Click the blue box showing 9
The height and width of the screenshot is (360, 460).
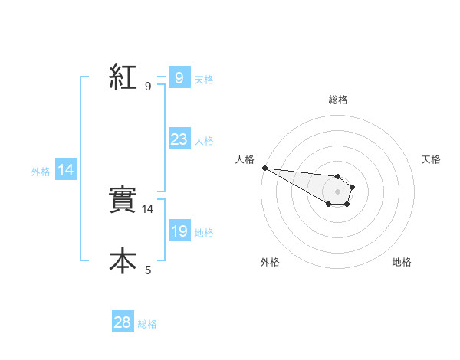(x=179, y=78)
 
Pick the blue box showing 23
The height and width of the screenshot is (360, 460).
(x=179, y=139)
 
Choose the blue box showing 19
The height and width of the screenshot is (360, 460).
(x=179, y=231)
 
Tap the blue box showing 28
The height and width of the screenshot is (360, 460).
(x=123, y=322)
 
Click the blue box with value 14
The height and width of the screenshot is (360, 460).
(x=66, y=170)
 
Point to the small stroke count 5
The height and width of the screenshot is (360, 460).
(x=148, y=270)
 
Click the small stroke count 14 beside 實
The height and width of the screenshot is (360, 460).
(x=149, y=208)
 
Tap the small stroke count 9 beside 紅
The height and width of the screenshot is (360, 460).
(x=148, y=87)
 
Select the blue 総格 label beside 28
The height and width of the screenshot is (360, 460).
(x=147, y=324)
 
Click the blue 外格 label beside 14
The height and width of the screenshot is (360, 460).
(x=41, y=172)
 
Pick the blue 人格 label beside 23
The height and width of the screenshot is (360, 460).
(x=204, y=141)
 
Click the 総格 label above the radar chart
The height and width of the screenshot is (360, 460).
(x=337, y=100)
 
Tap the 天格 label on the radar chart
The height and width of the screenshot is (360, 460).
(x=431, y=159)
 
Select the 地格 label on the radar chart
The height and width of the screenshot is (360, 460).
(x=402, y=262)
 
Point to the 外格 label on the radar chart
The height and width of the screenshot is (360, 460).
(x=270, y=262)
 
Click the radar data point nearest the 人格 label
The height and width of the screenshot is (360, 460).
(x=264, y=168)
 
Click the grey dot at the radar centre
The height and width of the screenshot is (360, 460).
(x=337, y=191)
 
